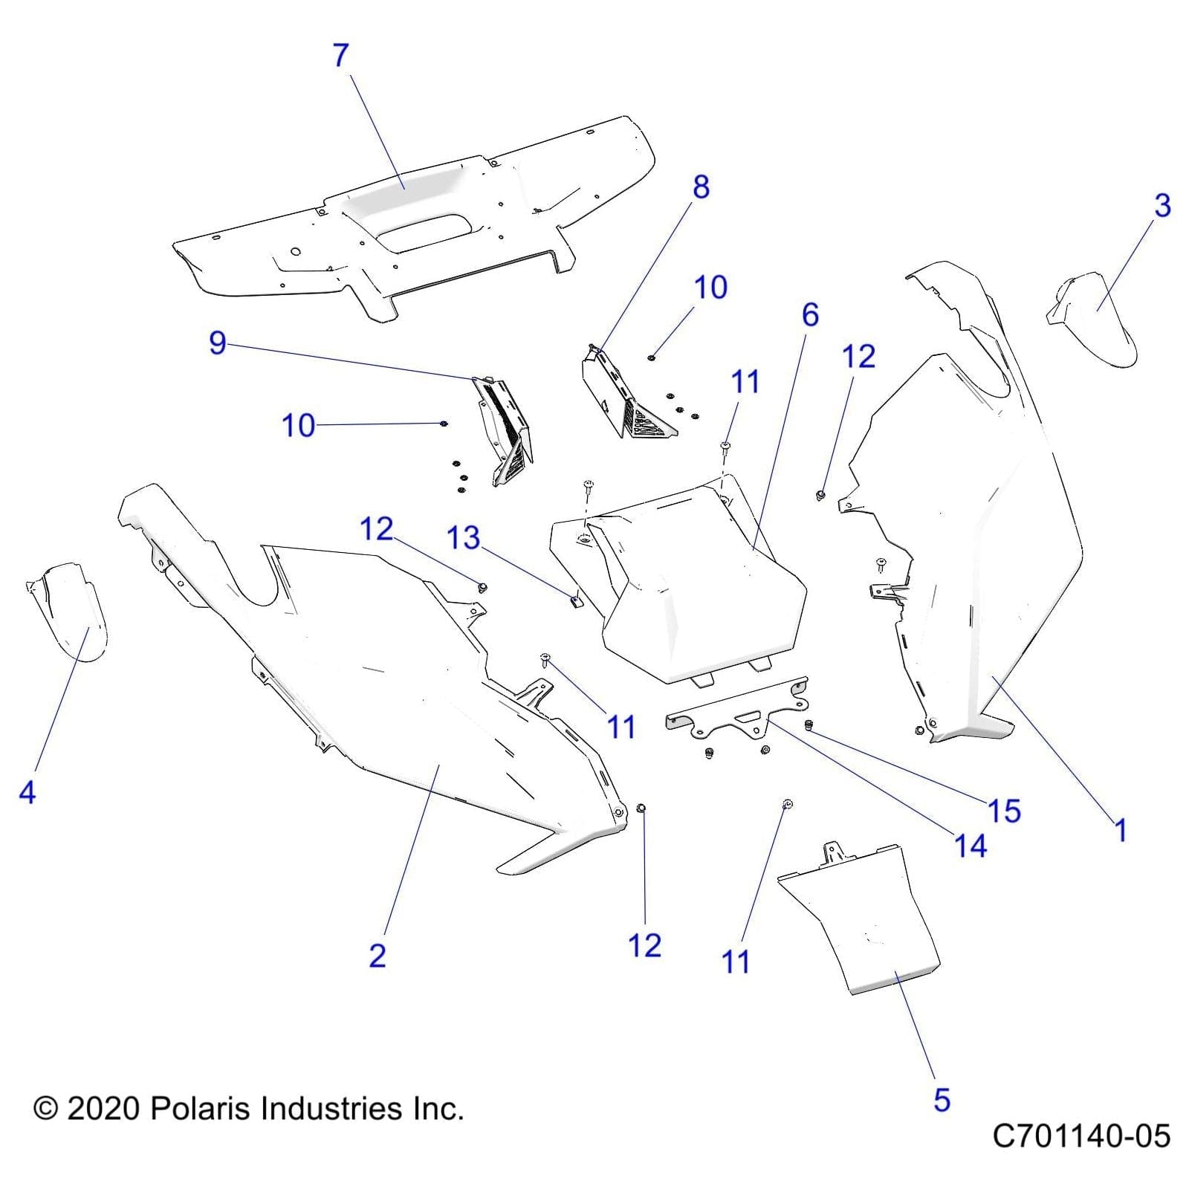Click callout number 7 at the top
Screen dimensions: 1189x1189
340,56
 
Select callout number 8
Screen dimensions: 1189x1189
701,187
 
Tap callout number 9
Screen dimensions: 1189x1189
217,343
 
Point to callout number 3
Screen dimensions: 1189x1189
1162,206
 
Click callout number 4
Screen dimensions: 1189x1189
27,792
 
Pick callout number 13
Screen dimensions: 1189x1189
463,538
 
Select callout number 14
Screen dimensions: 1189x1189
970,846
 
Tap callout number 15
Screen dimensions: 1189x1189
1004,811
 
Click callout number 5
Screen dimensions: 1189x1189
942,1100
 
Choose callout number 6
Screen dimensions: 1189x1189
810,315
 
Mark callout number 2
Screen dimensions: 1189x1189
378,955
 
